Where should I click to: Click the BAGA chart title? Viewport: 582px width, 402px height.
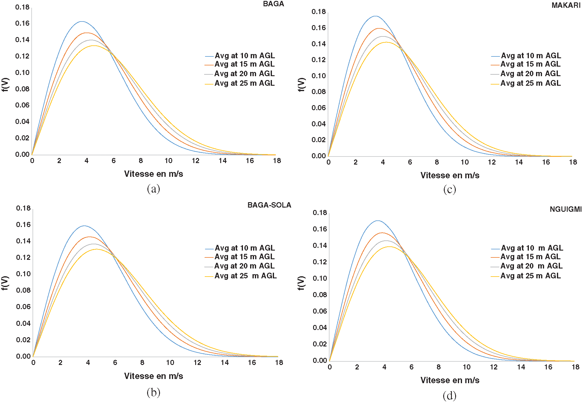(x=273, y=4)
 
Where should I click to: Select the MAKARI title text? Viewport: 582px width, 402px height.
(x=566, y=5)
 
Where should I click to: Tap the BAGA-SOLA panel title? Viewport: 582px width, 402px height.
(x=269, y=205)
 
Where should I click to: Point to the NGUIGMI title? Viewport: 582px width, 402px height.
(x=565, y=209)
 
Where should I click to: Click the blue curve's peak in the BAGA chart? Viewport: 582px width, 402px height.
(x=81, y=22)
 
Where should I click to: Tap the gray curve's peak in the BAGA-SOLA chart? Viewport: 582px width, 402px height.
(x=93, y=244)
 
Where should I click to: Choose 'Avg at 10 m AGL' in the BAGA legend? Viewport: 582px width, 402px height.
(x=244, y=56)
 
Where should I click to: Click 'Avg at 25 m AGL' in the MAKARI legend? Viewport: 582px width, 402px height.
(x=530, y=83)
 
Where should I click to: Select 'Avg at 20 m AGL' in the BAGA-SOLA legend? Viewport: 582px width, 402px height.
(x=244, y=266)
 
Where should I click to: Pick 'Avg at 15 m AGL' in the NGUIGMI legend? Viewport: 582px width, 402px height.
(x=530, y=257)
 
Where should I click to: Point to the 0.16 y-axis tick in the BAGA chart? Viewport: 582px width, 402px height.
(x=22, y=23)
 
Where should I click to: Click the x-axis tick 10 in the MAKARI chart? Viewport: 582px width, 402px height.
(x=464, y=162)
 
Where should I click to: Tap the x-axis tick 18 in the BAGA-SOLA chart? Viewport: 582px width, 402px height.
(x=279, y=363)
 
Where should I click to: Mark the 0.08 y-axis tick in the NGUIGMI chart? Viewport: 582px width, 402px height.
(x=320, y=295)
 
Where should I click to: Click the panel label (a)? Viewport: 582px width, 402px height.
(x=153, y=189)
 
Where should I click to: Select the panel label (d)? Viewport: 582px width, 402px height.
(x=449, y=396)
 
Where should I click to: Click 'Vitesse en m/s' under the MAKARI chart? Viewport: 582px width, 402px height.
(x=450, y=175)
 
